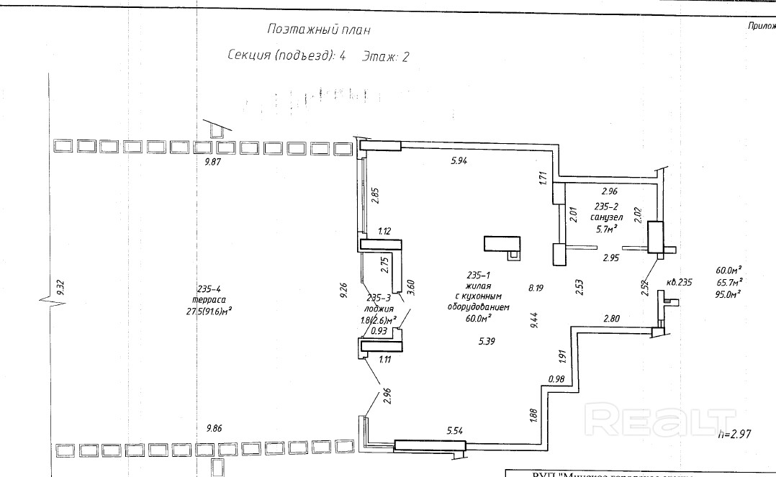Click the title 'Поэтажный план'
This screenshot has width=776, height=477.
[x=320, y=30]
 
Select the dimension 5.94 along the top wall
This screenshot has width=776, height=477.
[x=459, y=161]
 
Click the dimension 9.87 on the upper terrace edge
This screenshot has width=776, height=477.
[x=215, y=163]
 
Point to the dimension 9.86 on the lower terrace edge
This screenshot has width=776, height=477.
[x=215, y=428]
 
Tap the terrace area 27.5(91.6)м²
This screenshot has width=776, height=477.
[x=201, y=311]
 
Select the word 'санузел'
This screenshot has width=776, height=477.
[x=605, y=218]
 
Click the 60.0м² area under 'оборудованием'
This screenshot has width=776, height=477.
[x=477, y=317]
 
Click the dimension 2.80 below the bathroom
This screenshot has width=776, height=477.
[x=612, y=318]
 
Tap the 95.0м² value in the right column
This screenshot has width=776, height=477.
[x=728, y=294]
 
